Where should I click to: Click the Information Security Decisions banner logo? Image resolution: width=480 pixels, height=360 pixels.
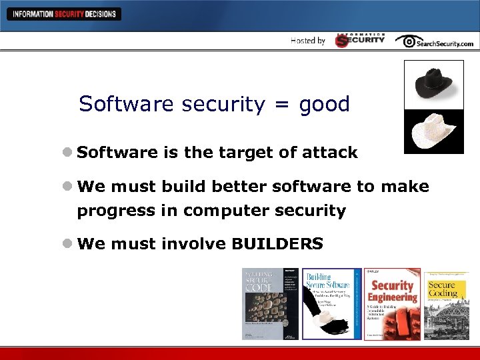pyautogui.click(x=63, y=13)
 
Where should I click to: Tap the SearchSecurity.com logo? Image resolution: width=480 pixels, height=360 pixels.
pyautogui.click(x=435, y=41)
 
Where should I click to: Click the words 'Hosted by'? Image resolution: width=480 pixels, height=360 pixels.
pyautogui.click(x=308, y=41)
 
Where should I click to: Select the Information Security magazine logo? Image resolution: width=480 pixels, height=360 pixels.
pyautogui.click(x=360, y=40)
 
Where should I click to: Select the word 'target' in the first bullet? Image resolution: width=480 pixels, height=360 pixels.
pyautogui.click(x=245, y=153)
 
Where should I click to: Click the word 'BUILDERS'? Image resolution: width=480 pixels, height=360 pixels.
pyautogui.click(x=277, y=244)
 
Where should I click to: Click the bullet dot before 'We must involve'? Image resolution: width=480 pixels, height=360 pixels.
pyautogui.click(x=68, y=244)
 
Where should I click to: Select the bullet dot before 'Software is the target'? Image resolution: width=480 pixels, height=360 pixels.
pyautogui.click(x=68, y=153)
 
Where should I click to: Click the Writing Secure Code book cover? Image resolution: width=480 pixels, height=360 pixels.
pyautogui.click(x=270, y=304)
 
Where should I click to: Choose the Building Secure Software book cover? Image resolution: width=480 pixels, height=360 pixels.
pyautogui.click(x=331, y=304)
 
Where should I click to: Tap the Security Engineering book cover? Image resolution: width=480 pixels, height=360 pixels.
pyautogui.click(x=392, y=304)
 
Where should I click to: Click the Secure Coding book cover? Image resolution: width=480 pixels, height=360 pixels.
pyautogui.click(x=446, y=304)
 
